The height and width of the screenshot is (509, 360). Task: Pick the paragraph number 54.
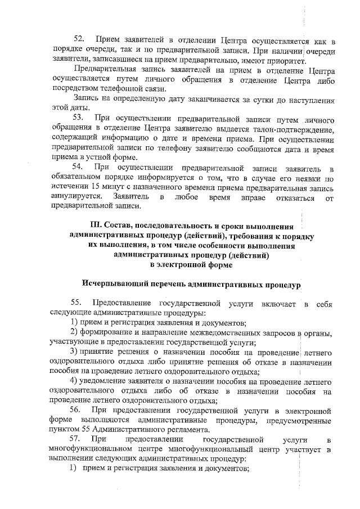[78, 168]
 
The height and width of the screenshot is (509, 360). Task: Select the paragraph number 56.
[78, 411]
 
